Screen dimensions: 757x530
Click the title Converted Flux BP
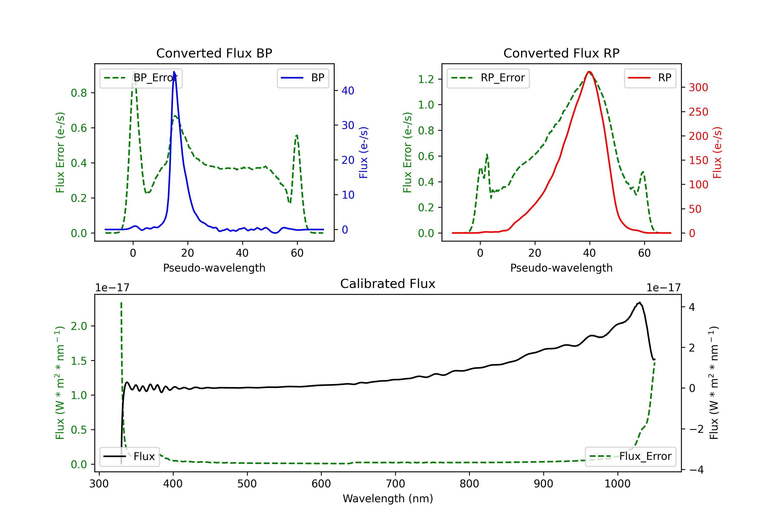(x=214, y=53)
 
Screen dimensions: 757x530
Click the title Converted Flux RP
(x=561, y=53)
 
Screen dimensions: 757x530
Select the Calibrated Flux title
(x=388, y=284)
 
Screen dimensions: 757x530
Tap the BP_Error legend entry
(x=141, y=78)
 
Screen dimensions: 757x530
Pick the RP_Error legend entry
(x=488, y=78)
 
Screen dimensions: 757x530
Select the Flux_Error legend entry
(x=630, y=457)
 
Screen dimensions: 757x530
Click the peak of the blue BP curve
(x=174, y=72)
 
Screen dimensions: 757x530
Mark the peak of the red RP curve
(x=589, y=72)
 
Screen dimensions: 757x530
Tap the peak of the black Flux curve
(x=639, y=302)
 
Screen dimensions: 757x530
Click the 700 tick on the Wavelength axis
(x=395, y=484)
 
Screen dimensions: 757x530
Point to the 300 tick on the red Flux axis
(x=698, y=87)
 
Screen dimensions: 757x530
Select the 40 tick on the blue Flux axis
(x=348, y=91)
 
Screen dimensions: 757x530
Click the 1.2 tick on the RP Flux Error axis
(x=426, y=79)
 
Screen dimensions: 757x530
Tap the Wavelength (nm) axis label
(x=388, y=498)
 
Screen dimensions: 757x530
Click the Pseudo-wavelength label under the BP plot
(x=214, y=268)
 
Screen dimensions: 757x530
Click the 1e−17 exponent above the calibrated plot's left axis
(x=112, y=288)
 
